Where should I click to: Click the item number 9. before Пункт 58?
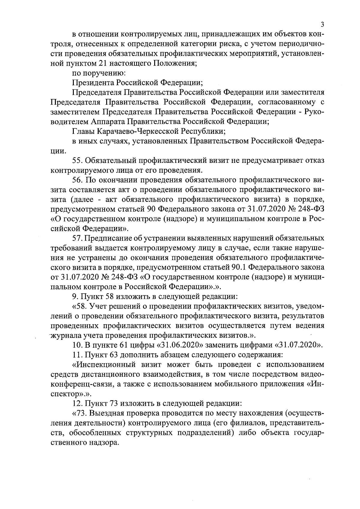[x=76, y=296]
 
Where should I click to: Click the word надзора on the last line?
[x=102, y=442]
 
